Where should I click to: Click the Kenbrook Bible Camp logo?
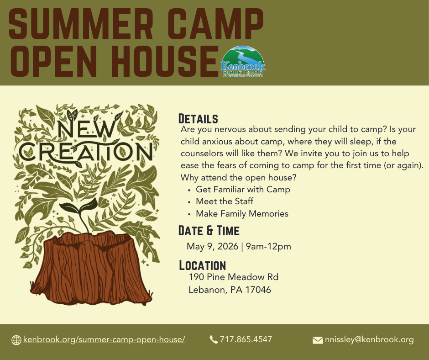click(243, 62)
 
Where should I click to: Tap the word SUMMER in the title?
click(81, 24)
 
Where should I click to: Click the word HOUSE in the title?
click(165, 61)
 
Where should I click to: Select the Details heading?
click(198, 119)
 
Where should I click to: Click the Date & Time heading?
click(209, 231)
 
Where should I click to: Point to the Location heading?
click(203, 265)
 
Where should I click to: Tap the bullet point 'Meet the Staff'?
click(225, 201)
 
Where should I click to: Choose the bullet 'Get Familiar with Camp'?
click(243, 189)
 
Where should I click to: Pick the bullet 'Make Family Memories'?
click(242, 214)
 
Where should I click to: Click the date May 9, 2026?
click(212, 246)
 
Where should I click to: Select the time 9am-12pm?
click(268, 246)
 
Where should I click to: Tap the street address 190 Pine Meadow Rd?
click(234, 277)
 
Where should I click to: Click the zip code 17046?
click(258, 290)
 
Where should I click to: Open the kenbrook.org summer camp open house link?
click(104, 339)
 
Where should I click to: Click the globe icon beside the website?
click(16, 340)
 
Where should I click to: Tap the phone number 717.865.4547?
click(246, 339)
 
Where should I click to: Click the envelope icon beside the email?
click(318, 340)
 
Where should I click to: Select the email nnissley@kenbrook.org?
click(369, 340)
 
